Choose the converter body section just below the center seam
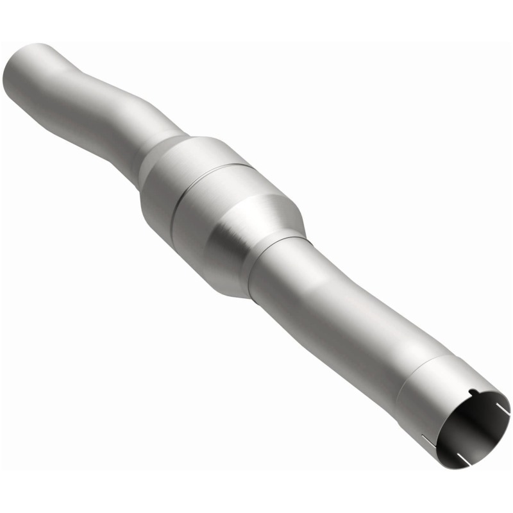pyautogui.click(x=218, y=212)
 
